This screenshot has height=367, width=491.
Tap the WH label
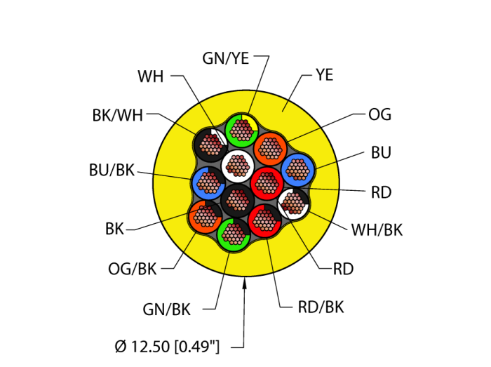coord(151,76)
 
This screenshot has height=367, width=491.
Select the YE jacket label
coord(325,73)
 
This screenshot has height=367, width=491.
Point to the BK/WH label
coord(117,116)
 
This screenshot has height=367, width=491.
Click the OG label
coord(379,115)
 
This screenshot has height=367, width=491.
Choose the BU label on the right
coord(382,152)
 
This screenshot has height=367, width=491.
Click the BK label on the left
coord(114,228)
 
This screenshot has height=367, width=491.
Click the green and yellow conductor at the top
coord(242,129)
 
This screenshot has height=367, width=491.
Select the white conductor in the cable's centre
coord(237,166)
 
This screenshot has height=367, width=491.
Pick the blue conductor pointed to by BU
coord(299,169)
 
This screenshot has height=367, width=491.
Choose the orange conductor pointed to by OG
coord(269,148)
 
